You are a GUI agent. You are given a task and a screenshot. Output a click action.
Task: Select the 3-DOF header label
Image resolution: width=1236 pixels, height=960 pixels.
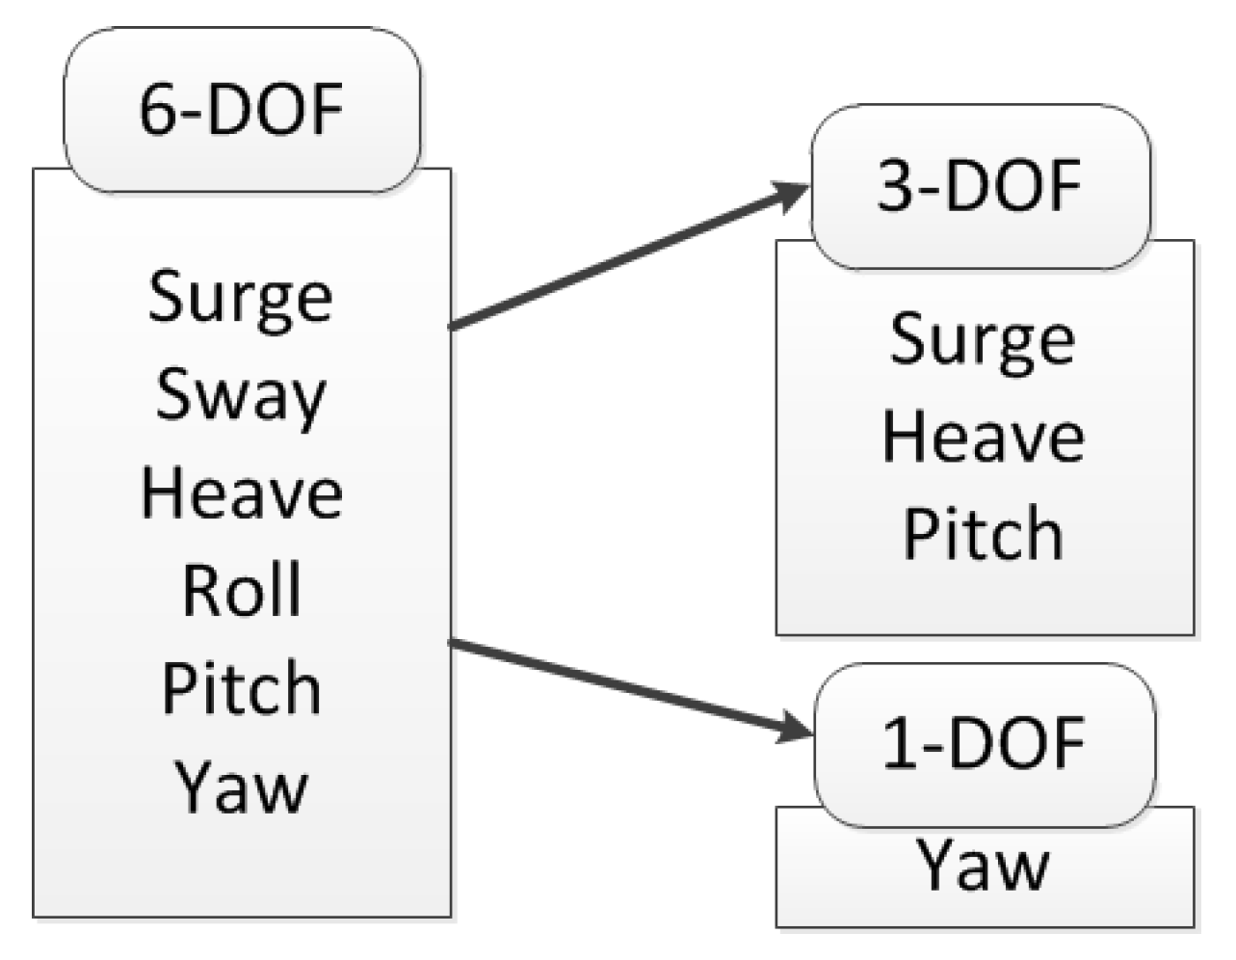coord(980,185)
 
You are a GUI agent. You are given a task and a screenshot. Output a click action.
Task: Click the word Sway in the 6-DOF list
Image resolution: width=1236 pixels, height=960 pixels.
coord(241,396)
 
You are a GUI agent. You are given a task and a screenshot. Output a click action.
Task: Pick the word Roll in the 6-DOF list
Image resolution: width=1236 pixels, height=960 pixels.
coord(242,590)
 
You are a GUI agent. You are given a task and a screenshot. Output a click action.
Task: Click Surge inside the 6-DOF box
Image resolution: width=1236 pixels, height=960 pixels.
coord(241,298)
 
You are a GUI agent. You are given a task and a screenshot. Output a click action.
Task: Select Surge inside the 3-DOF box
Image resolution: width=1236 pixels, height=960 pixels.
coord(982,340)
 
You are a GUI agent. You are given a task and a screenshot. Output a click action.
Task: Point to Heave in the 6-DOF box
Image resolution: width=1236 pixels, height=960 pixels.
coord(241,493)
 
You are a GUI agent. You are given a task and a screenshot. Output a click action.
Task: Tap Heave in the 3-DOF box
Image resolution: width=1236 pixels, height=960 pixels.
coord(983,437)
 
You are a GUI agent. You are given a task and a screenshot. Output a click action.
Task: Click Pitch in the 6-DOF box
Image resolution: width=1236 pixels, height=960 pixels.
coord(241,688)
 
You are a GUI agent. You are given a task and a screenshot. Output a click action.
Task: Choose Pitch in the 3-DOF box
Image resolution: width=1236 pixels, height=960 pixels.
coord(983,534)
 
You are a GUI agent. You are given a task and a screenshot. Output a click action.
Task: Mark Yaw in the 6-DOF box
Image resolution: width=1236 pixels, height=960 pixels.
coord(241,787)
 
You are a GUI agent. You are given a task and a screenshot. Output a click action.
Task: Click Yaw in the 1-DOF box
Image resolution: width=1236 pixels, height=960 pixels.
coord(983,865)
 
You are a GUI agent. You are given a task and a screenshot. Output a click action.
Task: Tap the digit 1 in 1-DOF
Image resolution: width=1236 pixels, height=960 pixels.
coord(899,743)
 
